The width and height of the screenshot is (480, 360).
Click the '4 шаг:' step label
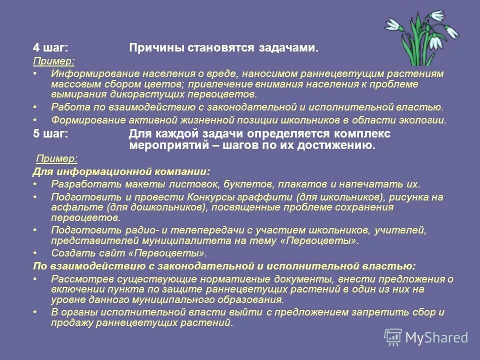point(50,48)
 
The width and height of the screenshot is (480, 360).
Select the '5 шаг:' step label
point(50,134)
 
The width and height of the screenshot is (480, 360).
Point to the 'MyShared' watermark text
point(436,337)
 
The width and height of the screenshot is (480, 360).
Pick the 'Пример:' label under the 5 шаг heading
point(57,159)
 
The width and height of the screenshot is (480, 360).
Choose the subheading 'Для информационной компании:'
point(121,171)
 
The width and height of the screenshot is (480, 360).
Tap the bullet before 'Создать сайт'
point(35,253)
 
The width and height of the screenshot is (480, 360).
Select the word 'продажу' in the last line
point(69,323)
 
